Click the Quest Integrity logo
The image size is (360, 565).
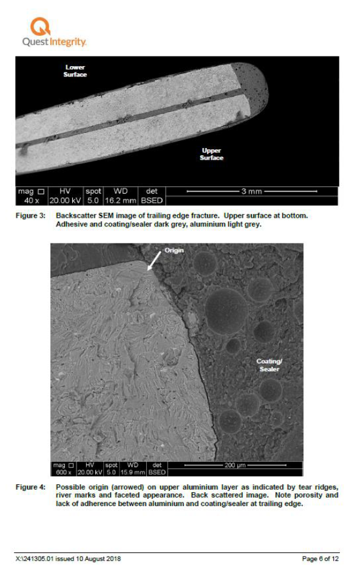[54, 33]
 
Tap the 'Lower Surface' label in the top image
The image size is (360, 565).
[75, 70]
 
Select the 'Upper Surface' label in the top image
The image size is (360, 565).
[211, 154]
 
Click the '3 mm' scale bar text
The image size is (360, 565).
[251, 192]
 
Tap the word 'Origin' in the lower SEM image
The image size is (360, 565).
[174, 250]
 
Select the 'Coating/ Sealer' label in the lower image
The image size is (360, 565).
[270, 365]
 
